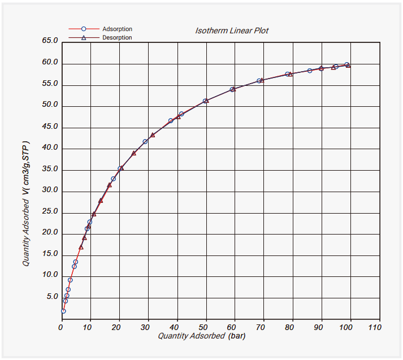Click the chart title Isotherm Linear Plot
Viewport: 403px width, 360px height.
pos(232,31)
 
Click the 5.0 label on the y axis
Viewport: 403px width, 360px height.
pos(52,297)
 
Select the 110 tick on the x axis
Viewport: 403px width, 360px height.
pos(375,327)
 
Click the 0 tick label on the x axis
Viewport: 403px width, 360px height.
pos(61,327)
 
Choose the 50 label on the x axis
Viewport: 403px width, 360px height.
pos(206,327)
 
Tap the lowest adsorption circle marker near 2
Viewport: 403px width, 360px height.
pos(63,311)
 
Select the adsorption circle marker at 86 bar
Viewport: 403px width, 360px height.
pos(310,71)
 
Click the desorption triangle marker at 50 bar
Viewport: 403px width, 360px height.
pos(206,101)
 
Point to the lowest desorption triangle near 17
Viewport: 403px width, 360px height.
pos(81,247)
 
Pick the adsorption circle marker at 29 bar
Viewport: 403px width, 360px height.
pos(145,141)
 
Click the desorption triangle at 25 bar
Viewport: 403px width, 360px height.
pos(134,153)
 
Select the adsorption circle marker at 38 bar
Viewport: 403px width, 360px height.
pos(171,121)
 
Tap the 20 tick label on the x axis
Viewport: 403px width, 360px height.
pos(119,327)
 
